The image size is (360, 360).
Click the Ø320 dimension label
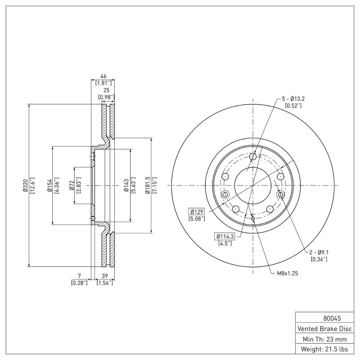point(26,185)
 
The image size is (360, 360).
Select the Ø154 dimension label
point(50,185)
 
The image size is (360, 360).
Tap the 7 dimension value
point(79,276)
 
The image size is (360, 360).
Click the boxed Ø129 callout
point(197,211)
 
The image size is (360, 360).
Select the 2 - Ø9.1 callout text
point(319,252)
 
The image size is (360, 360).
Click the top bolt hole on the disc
point(253,157)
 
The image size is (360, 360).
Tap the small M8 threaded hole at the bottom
point(253,219)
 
